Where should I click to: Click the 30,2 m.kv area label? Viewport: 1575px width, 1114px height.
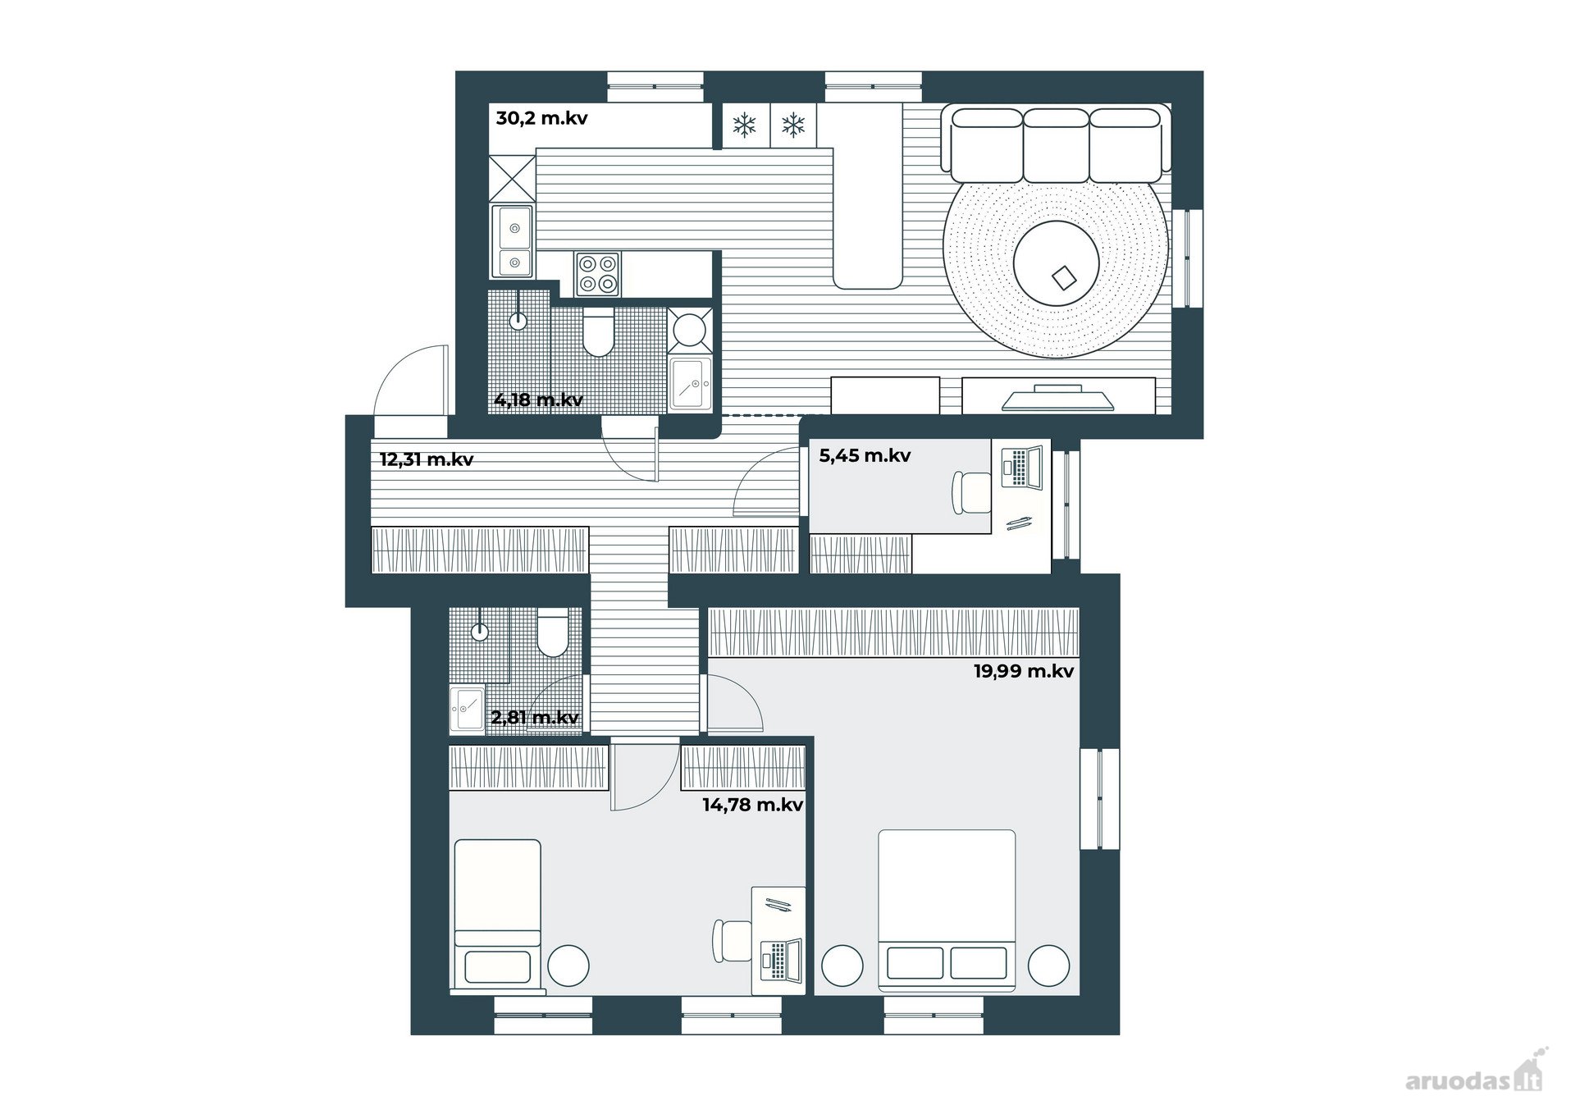tap(541, 118)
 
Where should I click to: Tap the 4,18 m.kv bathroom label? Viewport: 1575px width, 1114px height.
tap(538, 400)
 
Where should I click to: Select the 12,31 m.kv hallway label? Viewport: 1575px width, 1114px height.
tap(426, 459)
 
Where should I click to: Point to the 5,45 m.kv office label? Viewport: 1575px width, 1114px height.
tap(865, 455)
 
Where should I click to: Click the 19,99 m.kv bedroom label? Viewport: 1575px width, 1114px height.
tap(1024, 671)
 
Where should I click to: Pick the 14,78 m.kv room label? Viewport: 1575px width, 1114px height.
tap(752, 805)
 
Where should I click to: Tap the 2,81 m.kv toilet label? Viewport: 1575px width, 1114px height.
tap(535, 718)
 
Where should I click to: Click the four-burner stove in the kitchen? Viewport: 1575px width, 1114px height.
tap(596, 274)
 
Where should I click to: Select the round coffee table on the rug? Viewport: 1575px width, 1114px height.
tap(1056, 263)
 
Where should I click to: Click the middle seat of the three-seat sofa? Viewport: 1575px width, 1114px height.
tap(1056, 145)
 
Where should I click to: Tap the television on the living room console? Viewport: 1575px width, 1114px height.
tap(1058, 397)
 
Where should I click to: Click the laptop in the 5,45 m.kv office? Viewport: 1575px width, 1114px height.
tap(1022, 467)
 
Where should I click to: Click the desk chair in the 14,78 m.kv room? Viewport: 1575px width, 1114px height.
tap(733, 940)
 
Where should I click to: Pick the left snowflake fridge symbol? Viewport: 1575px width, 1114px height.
tap(744, 126)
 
